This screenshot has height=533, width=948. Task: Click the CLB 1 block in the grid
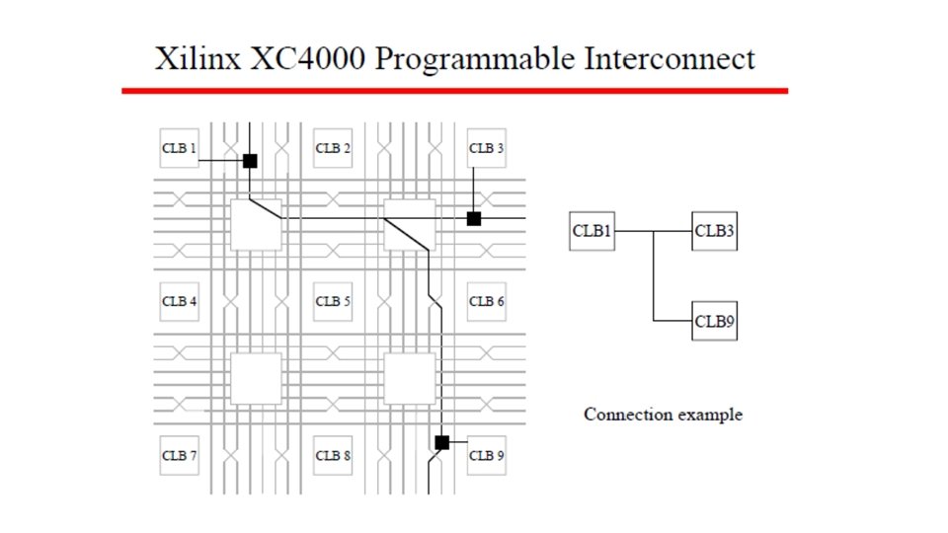click(179, 148)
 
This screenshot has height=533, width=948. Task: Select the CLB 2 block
click(333, 148)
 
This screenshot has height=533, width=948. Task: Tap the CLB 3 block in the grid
click(486, 148)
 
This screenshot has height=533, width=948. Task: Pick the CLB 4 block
click(179, 301)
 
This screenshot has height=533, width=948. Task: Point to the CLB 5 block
click(333, 301)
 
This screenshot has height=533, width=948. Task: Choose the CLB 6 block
click(486, 301)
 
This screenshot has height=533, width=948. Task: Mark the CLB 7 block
click(179, 455)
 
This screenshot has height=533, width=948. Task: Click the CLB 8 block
click(333, 455)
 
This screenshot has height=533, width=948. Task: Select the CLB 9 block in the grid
click(486, 455)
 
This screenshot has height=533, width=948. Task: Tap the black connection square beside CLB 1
click(250, 160)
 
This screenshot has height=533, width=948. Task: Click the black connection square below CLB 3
click(474, 218)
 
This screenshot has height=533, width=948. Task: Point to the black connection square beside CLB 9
click(441, 442)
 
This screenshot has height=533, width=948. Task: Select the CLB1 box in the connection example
click(592, 231)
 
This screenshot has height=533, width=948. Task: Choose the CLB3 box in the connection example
click(714, 231)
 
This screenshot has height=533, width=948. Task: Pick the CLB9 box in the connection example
click(714, 321)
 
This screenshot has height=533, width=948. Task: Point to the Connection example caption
click(663, 415)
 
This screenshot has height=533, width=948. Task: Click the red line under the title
click(454, 91)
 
